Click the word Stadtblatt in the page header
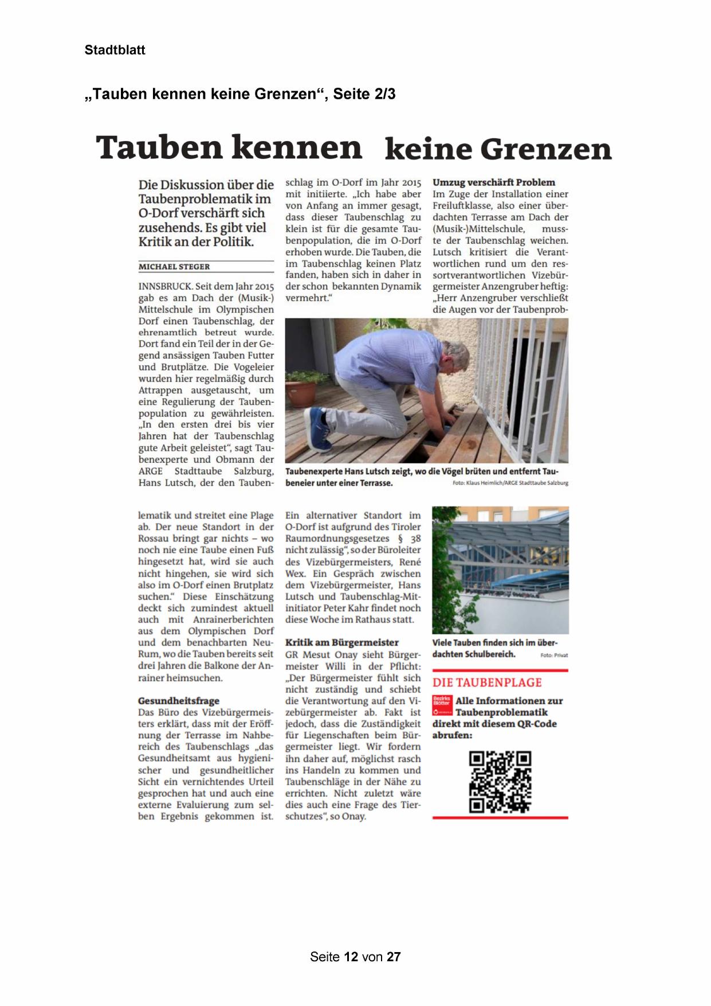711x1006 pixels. pos(115,50)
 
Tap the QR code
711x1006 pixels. pos(500,782)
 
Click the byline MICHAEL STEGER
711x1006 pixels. pos(174,267)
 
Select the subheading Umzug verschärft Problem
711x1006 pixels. pos(493,182)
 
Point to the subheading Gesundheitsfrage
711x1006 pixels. pos(179,700)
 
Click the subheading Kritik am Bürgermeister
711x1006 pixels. pos(342,642)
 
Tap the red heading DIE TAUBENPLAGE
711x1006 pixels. pos(487,683)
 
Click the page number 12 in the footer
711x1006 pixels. pos(351,957)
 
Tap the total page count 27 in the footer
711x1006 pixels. pos(394,957)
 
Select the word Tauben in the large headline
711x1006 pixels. pos(159,147)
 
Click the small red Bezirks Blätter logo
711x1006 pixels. pos(442,705)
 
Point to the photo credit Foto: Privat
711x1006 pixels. pos(554,655)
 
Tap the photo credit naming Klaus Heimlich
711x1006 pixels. pos(510,483)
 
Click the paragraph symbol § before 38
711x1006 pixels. pos(400,539)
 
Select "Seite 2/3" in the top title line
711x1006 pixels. pos(364,94)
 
